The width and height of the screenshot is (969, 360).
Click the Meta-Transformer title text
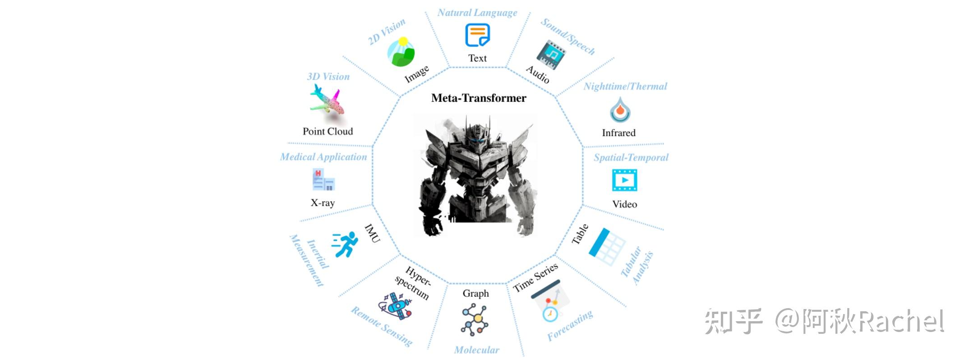[479, 98]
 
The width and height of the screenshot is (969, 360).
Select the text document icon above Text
[477, 35]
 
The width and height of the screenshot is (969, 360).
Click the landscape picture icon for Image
[401, 52]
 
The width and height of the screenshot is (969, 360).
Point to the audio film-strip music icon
[551, 55]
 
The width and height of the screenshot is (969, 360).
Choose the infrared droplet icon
[620, 110]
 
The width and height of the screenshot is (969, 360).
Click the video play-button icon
[624, 180]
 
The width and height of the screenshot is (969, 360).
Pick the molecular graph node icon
[475, 319]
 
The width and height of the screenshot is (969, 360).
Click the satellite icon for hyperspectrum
[396, 305]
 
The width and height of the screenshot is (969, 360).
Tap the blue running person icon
[345, 245]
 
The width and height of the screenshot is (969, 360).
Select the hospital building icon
[323, 180]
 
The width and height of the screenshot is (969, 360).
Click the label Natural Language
[477, 13]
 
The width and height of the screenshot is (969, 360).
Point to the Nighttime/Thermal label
[625, 86]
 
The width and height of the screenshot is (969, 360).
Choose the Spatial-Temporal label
[631, 157]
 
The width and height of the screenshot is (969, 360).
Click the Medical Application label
[323, 157]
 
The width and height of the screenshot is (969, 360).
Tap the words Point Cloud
[328, 131]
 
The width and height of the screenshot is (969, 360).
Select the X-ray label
[323, 203]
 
